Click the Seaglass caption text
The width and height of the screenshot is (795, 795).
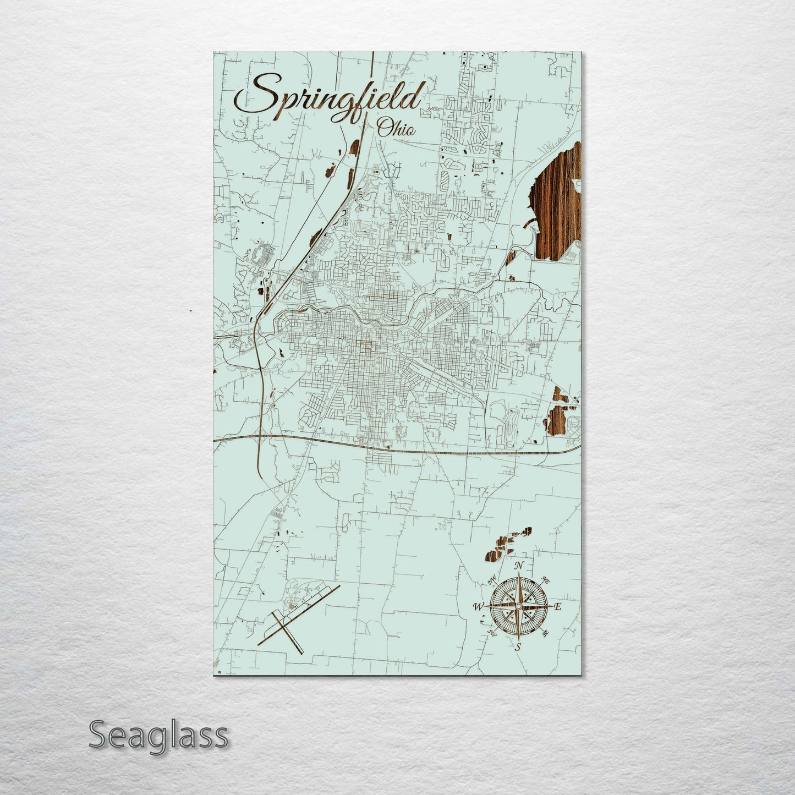(x=158, y=736)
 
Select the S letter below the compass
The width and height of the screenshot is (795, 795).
(x=517, y=647)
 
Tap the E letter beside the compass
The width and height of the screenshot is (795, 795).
(x=557, y=607)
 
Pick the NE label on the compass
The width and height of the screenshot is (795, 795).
(x=546, y=579)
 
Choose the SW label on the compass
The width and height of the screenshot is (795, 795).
(x=491, y=633)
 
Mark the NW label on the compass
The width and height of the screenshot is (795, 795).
(x=492, y=578)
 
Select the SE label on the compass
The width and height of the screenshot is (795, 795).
(x=545, y=633)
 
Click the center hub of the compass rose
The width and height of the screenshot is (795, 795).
(x=518, y=606)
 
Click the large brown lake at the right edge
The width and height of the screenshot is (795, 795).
(x=557, y=204)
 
